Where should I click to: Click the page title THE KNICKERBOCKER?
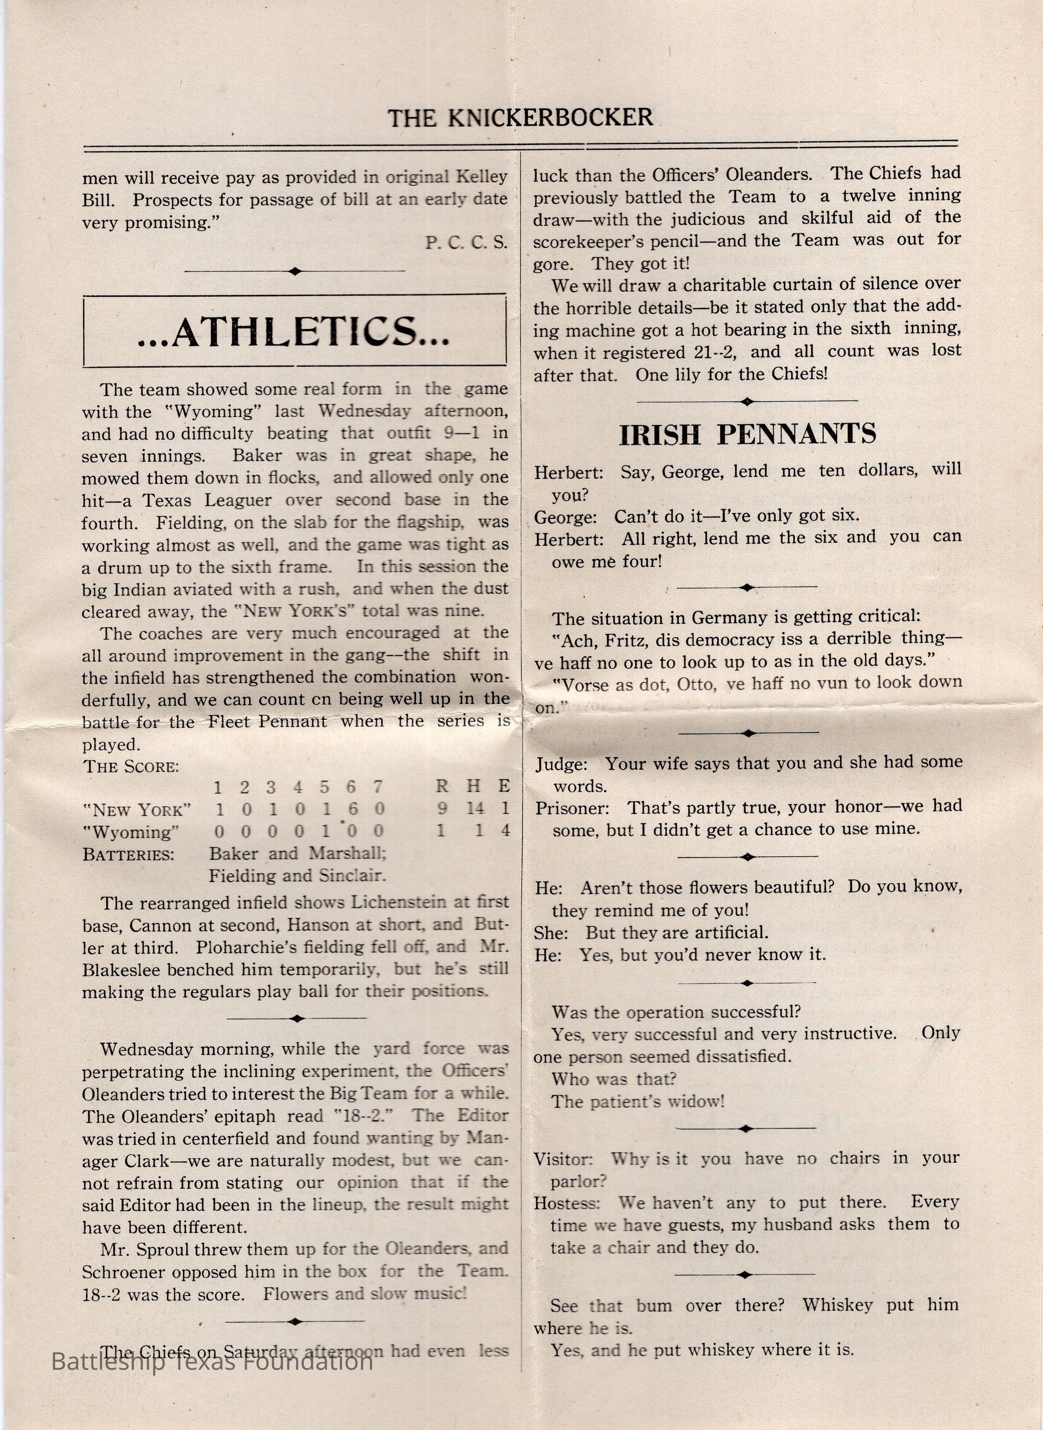(520, 117)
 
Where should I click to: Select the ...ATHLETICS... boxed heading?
(294, 332)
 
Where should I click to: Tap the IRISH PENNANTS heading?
(747, 434)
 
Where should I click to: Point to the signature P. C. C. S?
(466, 243)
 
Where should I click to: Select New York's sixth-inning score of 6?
(351, 809)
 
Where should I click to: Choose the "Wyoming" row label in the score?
(131, 831)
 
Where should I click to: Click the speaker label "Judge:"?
(561, 765)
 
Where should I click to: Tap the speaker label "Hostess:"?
(566, 1204)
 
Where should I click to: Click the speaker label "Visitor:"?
(563, 1159)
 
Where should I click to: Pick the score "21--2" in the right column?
(711, 353)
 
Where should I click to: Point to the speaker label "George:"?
(565, 517)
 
